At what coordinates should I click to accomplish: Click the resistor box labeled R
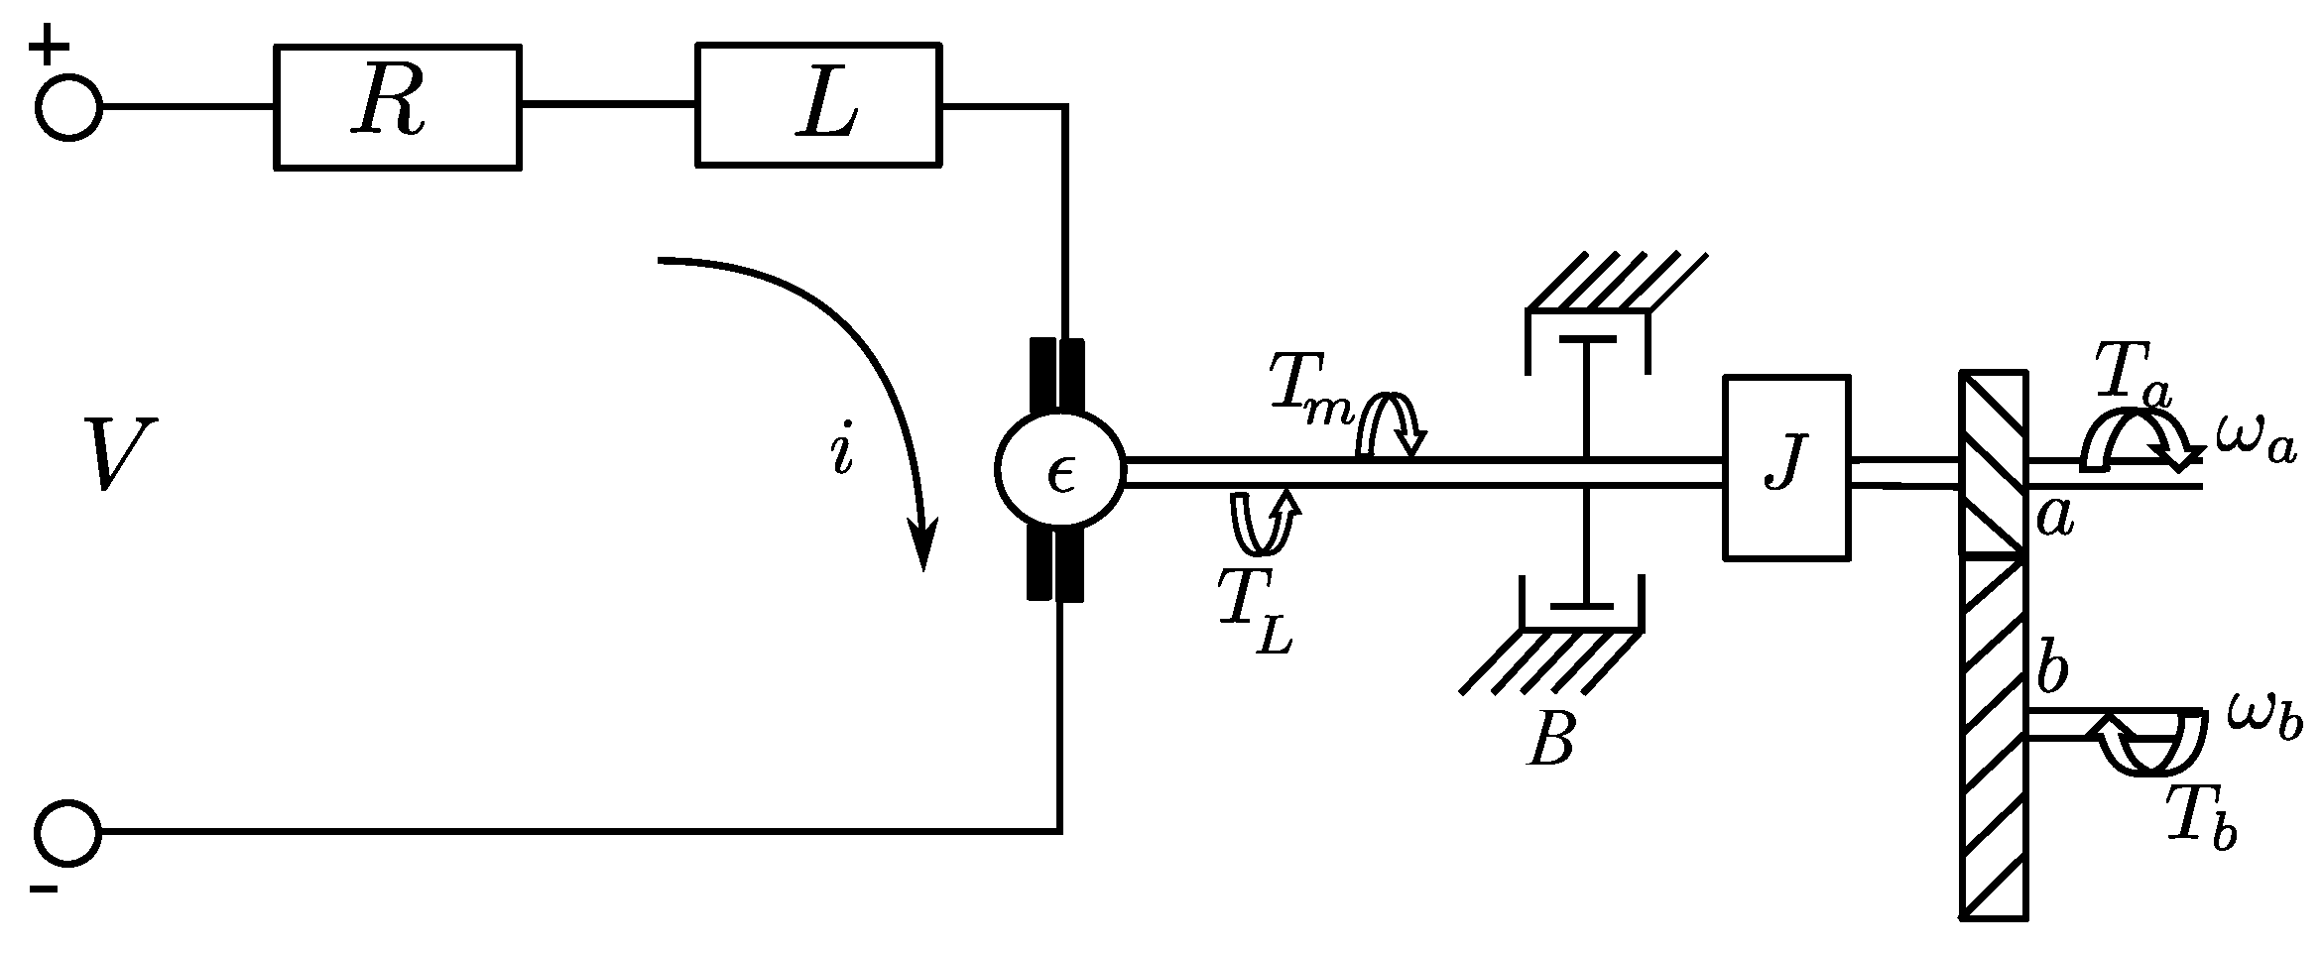tap(397, 107)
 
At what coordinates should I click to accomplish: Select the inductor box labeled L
tap(818, 104)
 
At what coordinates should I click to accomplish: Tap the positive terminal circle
tap(68, 107)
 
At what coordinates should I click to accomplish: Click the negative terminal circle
tap(68, 831)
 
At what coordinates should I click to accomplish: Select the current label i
tap(842, 451)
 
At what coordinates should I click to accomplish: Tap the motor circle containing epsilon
tap(1059, 472)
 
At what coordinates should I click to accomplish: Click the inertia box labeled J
tap(1786, 467)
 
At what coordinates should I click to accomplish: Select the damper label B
tap(1551, 739)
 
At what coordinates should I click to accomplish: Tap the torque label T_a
tap(2131, 376)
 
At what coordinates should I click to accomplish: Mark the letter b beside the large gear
tap(2050, 672)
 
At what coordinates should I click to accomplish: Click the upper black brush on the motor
tap(1056, 377)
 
